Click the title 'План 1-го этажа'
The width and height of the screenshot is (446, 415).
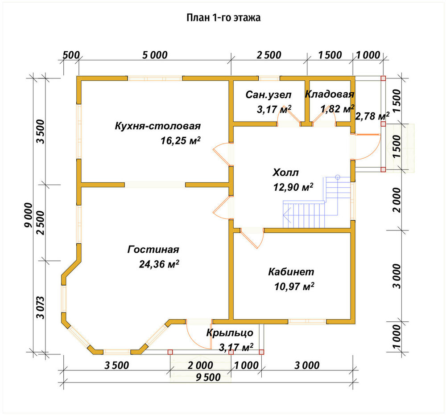tap(223, 18)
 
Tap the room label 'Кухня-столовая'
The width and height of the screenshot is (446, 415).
tap(158, 126)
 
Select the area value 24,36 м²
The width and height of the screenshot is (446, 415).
tap(159, 264)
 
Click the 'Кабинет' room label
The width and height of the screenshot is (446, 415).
tap(291, 272)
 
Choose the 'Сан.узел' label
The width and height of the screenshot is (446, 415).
tap(268, 95)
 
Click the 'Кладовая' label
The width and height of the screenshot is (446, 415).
tap(330, 94)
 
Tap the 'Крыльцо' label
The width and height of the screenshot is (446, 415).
tap(230, 332)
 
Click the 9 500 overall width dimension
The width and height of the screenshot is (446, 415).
tap(208, 377)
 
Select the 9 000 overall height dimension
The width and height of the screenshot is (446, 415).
tap(29, 215)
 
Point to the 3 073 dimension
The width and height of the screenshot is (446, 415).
tap(41, 308)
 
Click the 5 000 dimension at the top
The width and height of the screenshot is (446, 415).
tap(155, 55)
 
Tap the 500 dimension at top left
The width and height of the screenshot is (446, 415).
tap(71, 55)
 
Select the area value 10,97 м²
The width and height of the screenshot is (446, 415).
tap(294, 287)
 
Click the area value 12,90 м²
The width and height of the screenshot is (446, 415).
tap(293, 187)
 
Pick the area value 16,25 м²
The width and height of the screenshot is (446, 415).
tap(181, 140)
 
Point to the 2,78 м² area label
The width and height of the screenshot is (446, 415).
tap(372, 116)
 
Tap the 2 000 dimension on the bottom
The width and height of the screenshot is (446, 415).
tap(200, 365)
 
